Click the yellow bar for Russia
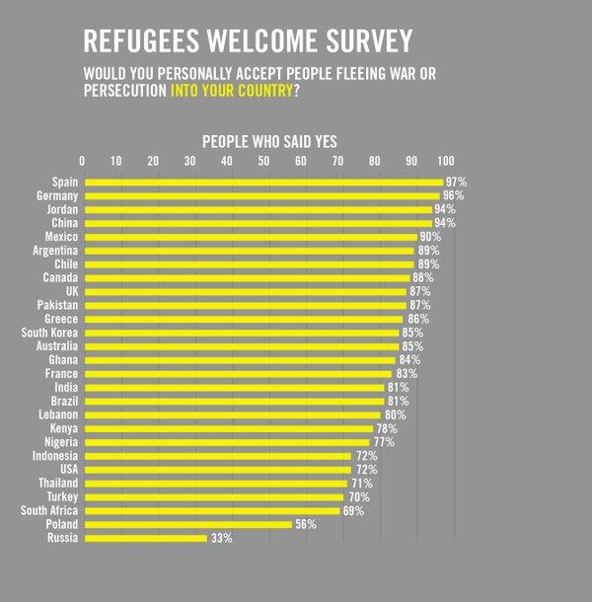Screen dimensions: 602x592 point(146,538)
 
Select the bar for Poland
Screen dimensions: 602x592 point(188,524)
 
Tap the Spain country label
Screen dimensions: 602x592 point(65,183)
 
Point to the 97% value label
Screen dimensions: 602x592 point(456,183)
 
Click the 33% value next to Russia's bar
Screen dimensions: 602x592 point(221,538)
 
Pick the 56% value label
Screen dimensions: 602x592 point(305,524)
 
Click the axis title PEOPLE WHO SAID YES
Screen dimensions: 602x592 point(269,142)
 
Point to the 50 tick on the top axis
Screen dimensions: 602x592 point(263,161)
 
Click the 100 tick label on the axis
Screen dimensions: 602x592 point(446,161)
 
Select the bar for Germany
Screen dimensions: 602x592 point(261,196)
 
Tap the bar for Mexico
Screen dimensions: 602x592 point(251,237)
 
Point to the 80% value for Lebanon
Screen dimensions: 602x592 point(395,414)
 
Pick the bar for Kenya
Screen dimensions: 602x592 point(229,428)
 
